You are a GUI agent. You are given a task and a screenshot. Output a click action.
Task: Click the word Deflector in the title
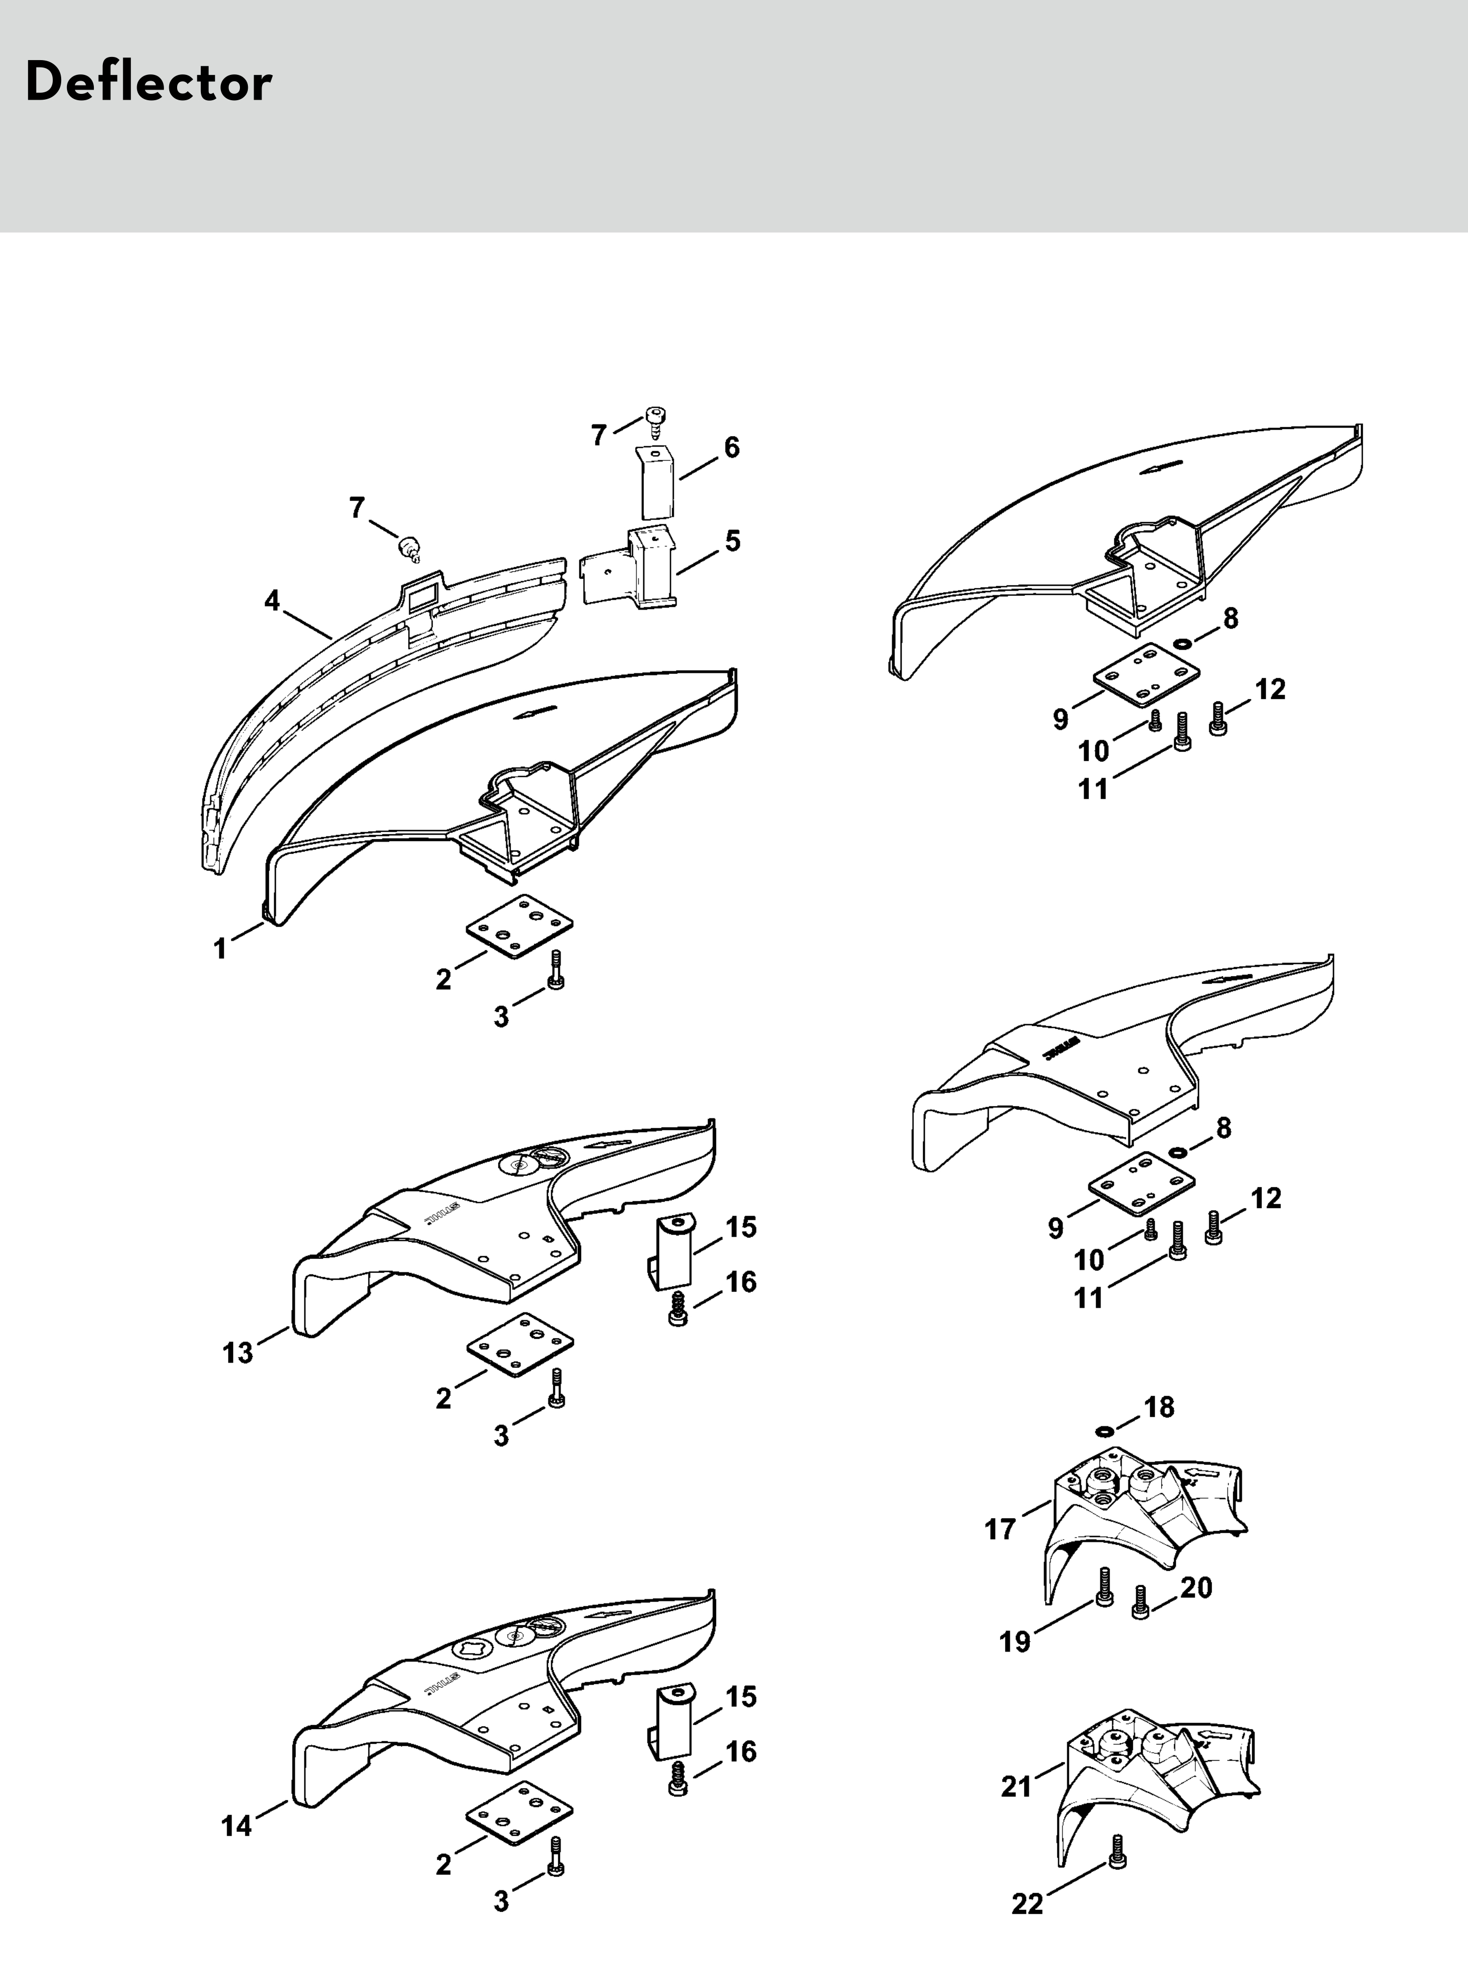click(148, 83)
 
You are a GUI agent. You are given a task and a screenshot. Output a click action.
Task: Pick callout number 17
click(1001, 1529)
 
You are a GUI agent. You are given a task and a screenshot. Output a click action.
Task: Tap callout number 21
click(1017, 1786)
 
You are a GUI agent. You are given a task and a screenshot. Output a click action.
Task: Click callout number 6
click(731, 448)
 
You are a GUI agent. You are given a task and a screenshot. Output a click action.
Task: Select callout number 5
click(732, 540)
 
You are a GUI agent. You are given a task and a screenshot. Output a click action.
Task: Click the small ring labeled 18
click(1105, 1431)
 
